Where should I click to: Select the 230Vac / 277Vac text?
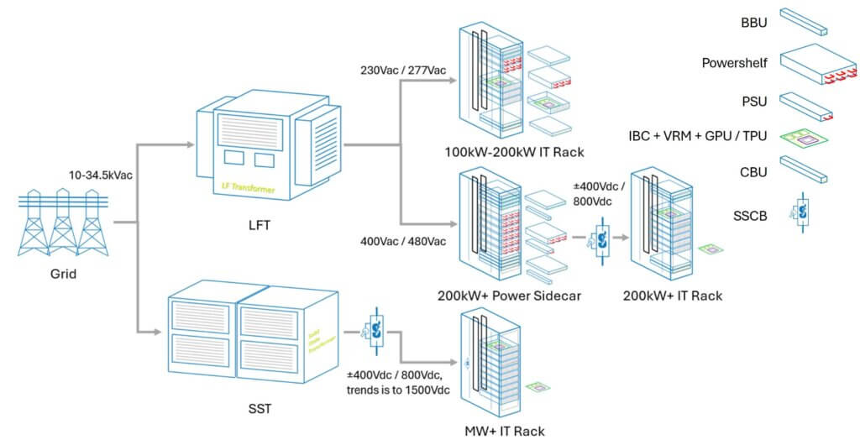(397, 71)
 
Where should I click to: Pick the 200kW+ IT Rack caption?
(673, 296)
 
